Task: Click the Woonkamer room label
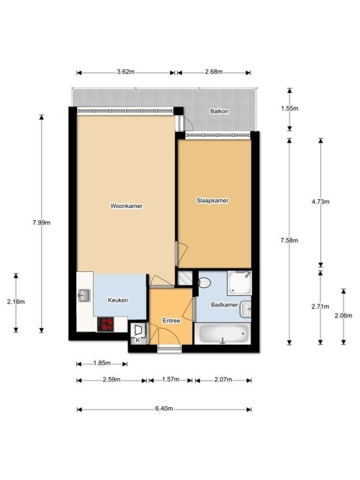[126, 206]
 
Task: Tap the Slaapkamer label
[212, 201]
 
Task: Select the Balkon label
[219, 111]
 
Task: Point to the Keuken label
[118, 300]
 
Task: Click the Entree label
[171, 321]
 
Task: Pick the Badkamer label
[225, 305]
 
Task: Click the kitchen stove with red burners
[105, 325]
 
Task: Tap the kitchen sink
[84, 295]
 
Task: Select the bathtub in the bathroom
[222, 334]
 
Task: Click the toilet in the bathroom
[203, 282]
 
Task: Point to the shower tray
[239, 283]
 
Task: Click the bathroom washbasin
[246, 309]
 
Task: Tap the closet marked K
[138, 333]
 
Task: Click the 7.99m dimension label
[41, 223]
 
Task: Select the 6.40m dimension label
[164, 409]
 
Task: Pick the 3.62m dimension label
[125, 72]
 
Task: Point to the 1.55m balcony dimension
[289, 109]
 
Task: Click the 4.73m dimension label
[320, 201]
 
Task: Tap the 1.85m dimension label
[102, 363]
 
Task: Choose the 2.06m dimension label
[343, 316]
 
